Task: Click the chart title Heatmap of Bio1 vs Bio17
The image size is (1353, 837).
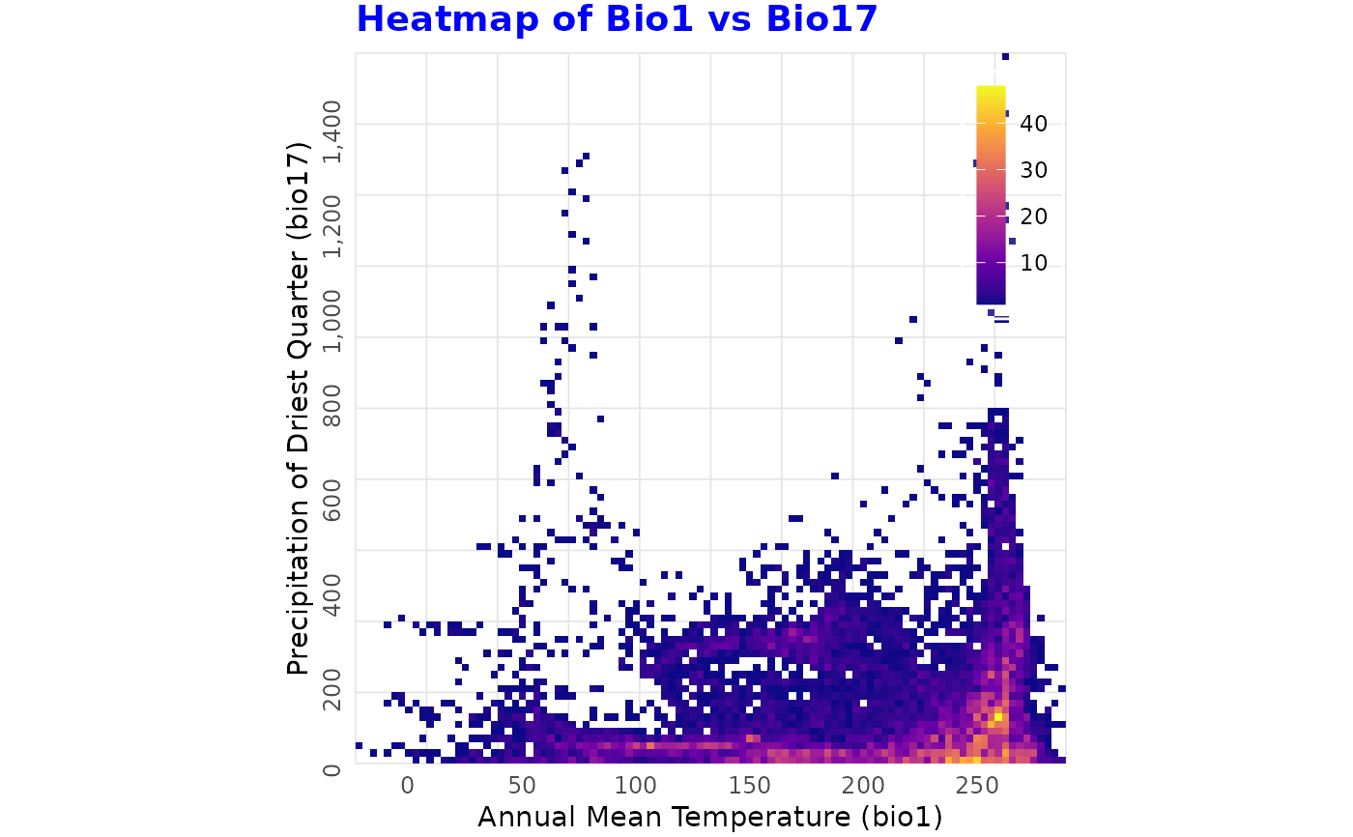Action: (617, 19)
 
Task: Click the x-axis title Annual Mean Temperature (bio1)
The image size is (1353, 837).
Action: (709, 817)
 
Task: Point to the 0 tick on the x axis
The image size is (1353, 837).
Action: (408, 783)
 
